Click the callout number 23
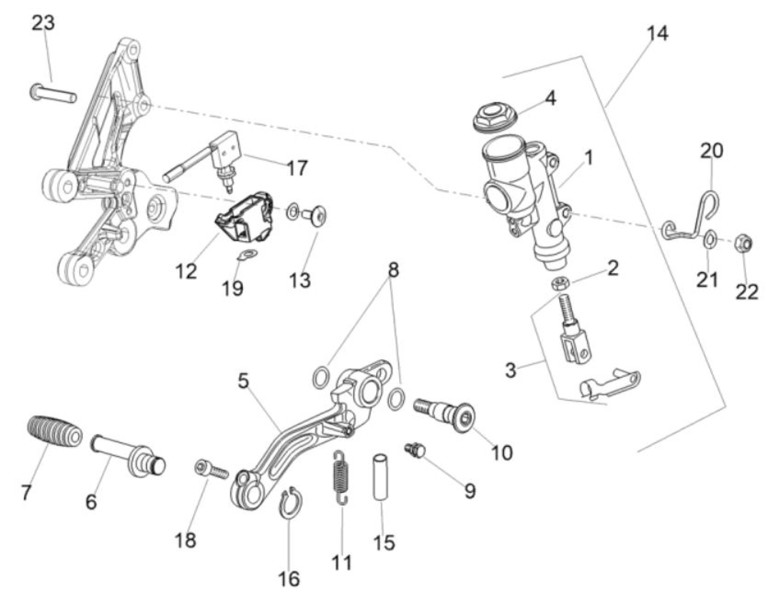click(x=43, y=24)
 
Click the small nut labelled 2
click(x=559, y=283)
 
